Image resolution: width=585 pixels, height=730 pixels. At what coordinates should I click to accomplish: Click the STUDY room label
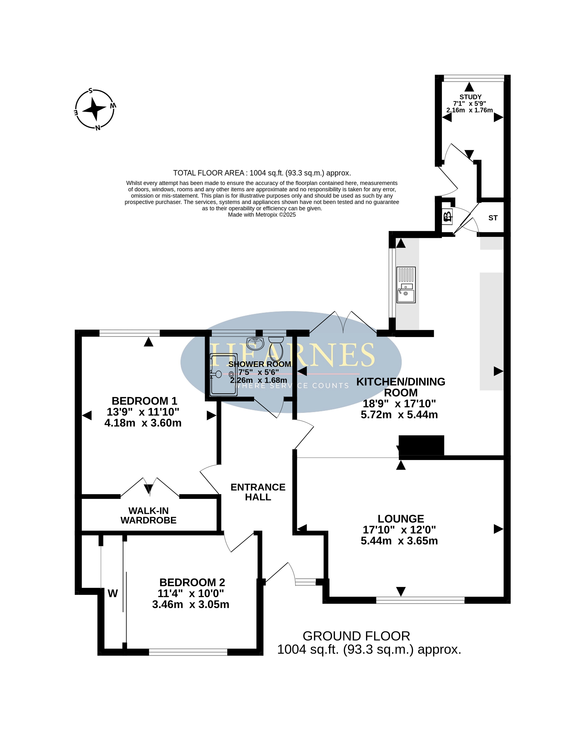[x=470, y=97]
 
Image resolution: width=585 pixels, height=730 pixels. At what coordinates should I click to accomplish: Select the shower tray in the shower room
[x=224, y=374]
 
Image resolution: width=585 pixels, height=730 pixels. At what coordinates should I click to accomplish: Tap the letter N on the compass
[x=98, y=128]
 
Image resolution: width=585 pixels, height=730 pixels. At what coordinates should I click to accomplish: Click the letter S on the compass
[x=90, y=90]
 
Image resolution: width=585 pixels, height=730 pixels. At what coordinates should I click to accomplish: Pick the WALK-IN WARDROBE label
[x=148, y=515]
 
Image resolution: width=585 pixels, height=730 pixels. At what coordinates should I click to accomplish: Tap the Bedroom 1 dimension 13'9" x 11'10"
[x=143, y=412]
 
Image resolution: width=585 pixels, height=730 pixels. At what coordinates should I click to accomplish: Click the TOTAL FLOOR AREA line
[x=262, y=173]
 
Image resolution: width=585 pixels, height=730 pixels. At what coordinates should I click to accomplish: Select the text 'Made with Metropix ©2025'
[x=262, y=215]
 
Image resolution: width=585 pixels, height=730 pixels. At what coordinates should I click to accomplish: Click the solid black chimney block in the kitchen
[x=421, y=445]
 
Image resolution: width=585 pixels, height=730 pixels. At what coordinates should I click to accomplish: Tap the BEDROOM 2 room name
[x=192, y=582]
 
